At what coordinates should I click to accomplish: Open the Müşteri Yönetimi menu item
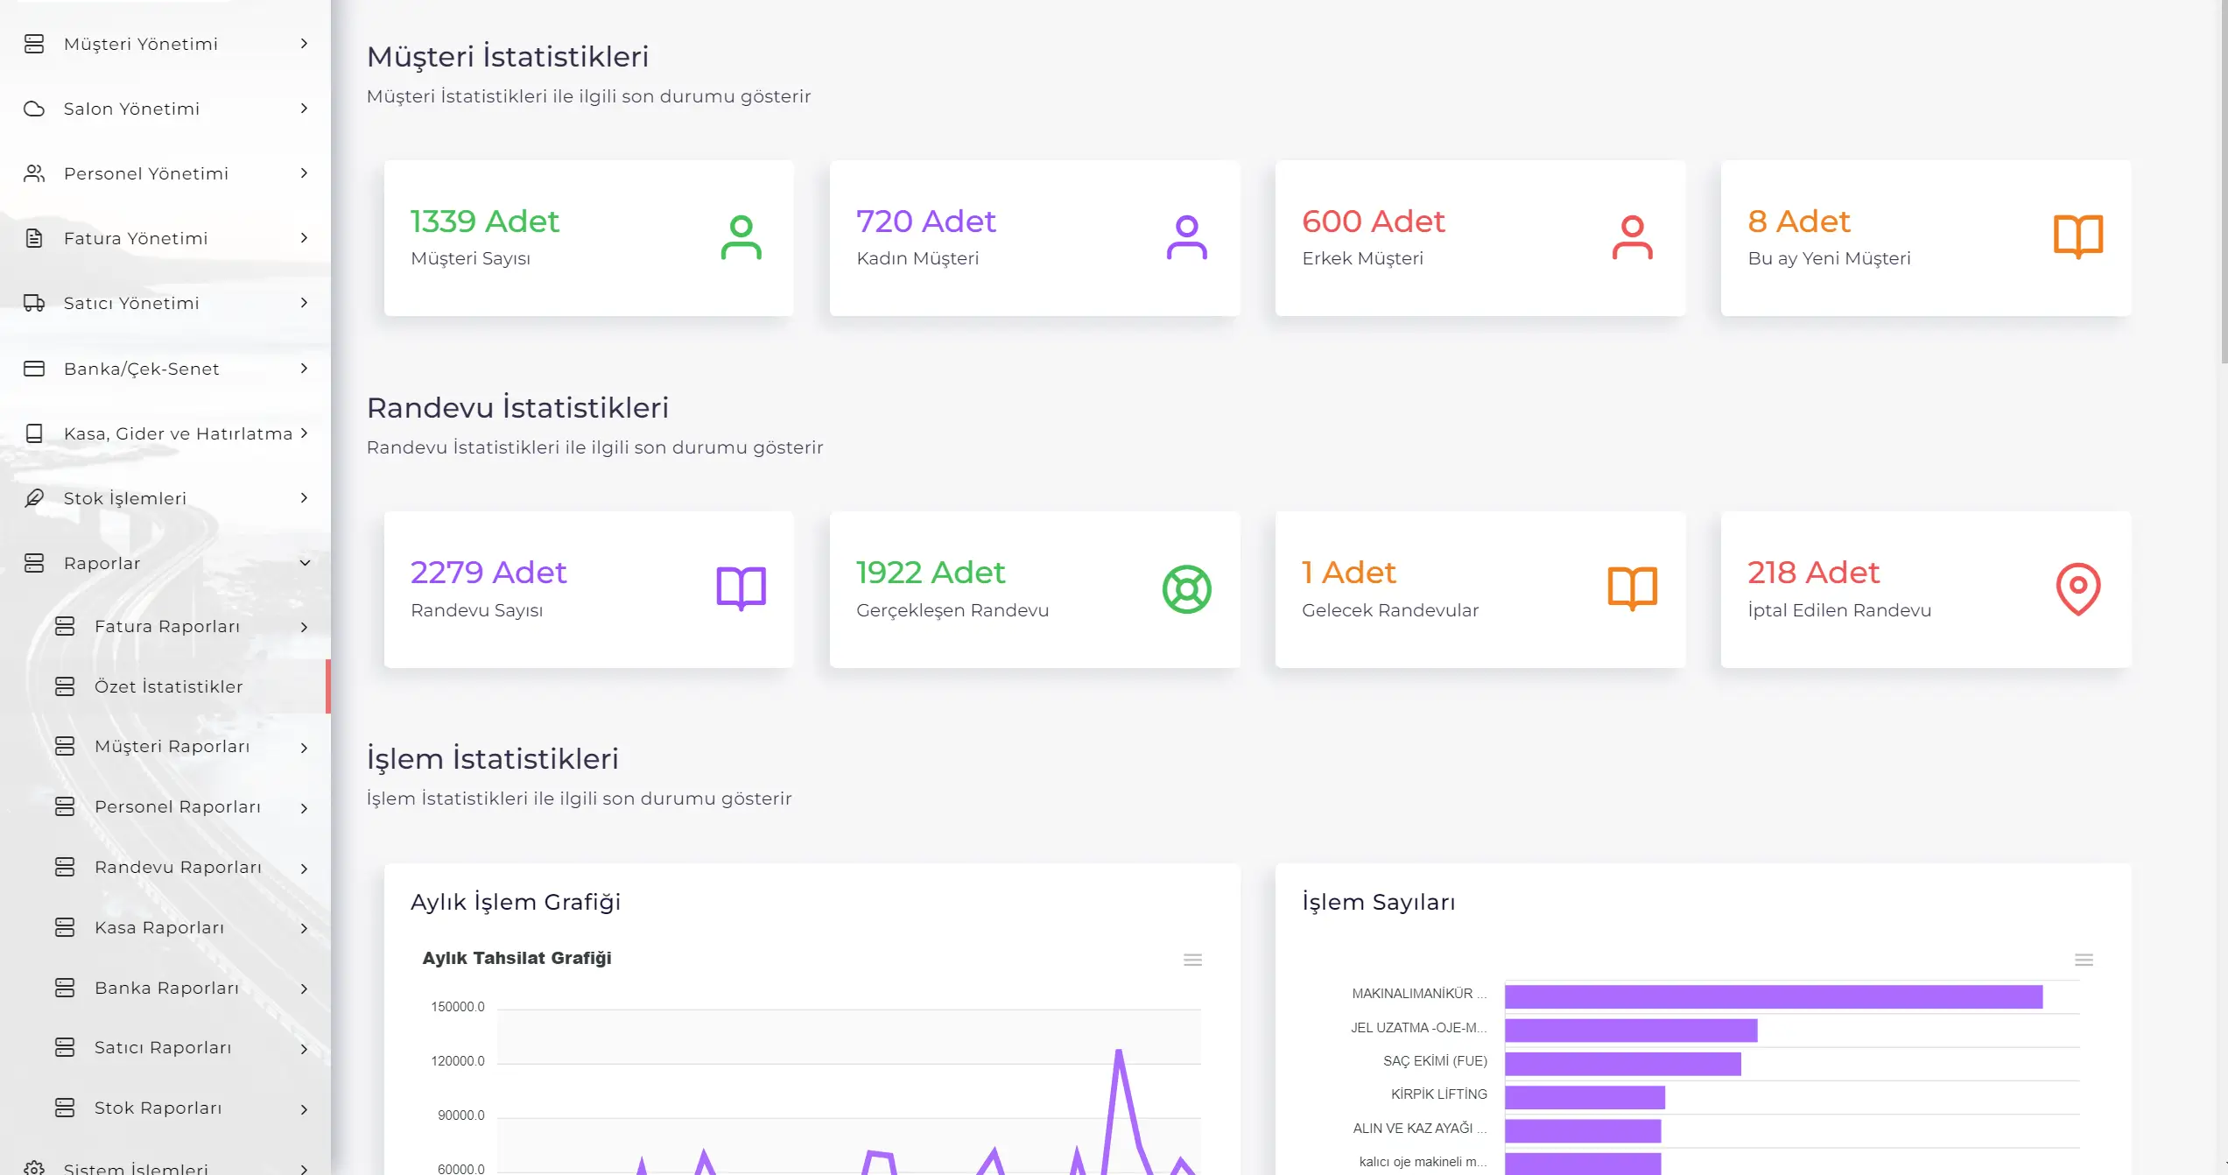(x=140, y=44)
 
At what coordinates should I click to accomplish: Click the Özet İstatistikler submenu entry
(x=168, y=686)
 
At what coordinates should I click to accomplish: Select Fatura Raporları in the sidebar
(x=166, y=626)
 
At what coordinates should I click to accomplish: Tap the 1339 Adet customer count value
(x=484, y=222)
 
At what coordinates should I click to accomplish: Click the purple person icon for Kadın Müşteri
(x=1186, y=237)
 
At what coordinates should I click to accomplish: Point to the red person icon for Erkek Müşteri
(x=1632, y=237)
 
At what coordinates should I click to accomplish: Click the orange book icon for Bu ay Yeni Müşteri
(x=2077, y=236)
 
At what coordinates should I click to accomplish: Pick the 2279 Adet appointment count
(x=488, y=573)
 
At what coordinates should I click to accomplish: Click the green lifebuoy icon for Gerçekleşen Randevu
(x=1186, y=589)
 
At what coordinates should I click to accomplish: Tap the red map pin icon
(x=2077, y=588)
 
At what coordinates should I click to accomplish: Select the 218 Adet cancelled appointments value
(x=1813, y=573)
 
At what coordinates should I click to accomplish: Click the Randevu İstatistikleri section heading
(x=517, y=408)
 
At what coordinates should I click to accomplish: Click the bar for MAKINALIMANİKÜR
(x=1773, y=996)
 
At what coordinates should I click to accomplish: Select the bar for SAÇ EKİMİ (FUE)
(x=1622, y=1064)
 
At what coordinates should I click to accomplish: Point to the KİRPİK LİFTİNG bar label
(x=1438, y=1094)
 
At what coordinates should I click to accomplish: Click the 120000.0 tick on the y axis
(x=457, y=1061)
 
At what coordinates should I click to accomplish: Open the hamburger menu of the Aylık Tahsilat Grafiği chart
(x=1192, y=960)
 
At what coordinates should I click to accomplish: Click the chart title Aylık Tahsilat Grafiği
(x=517, y=958)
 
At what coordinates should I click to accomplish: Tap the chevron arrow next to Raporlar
(x=305, y=563)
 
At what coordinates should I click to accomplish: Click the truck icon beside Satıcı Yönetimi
(x=34, y=303)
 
